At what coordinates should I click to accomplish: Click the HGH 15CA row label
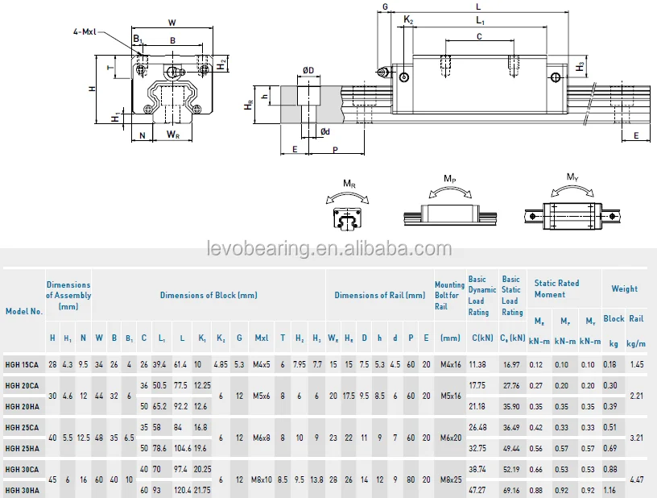(x=22, y=365)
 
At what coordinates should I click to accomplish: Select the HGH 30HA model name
(x=23, y=490)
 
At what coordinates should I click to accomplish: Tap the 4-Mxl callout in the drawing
(x=85, y=31)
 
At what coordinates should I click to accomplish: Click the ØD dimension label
(x=308, y=70)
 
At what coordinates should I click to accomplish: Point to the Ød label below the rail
(x=325, y=131)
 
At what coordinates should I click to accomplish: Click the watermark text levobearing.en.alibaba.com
(x=329, y=248)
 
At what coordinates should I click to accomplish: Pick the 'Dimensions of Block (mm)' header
(x=209, y=295)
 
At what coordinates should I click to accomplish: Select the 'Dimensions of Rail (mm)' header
(x=380, y=295)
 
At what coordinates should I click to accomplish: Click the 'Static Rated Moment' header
(x=556, y=288)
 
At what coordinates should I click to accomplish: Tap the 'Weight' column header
(x=624, y=288)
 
